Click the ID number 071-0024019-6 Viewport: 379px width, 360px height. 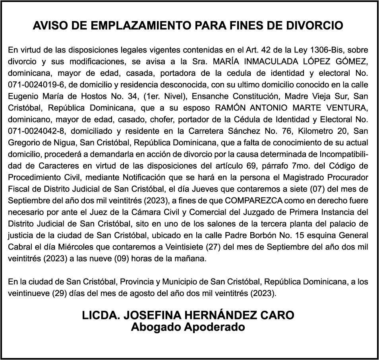pyautogui.click(x=35, y=85)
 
